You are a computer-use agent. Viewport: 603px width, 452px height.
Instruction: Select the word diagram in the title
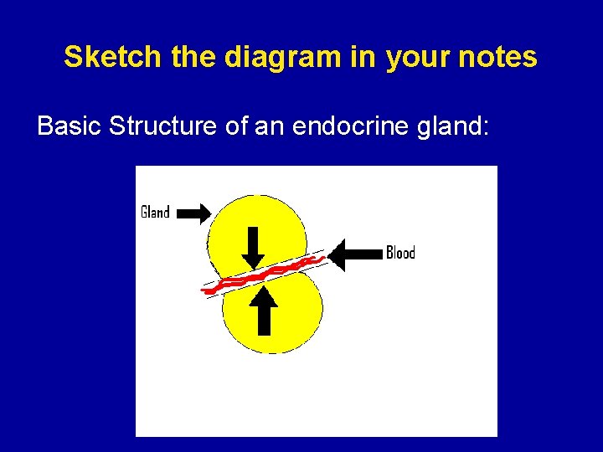coord(260,57)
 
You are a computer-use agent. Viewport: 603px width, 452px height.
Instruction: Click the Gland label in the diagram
coord(155,212)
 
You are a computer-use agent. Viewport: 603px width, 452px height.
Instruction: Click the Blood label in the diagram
coord(399,253)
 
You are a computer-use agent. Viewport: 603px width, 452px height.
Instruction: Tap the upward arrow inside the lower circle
coord(264,310)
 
